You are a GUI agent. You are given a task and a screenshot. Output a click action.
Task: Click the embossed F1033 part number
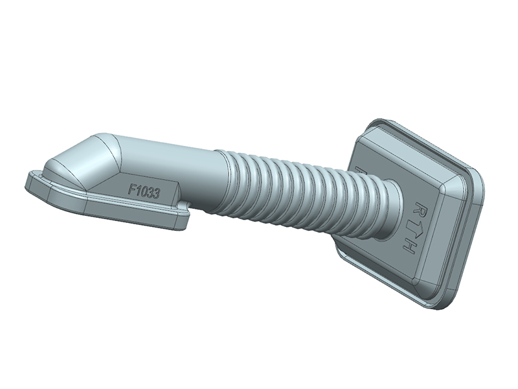point(144,191)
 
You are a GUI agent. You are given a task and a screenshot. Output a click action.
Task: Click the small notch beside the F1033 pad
point(186,206)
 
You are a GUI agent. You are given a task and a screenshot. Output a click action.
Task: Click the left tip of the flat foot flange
point(29,182)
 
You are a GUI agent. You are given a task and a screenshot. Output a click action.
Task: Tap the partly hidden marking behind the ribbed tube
point(360,170)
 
